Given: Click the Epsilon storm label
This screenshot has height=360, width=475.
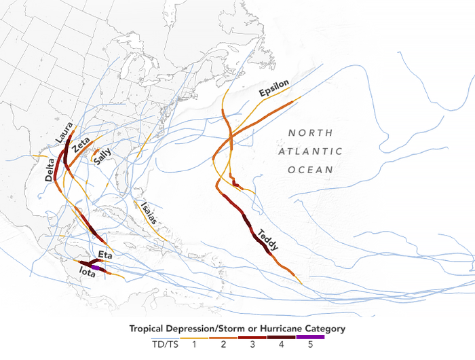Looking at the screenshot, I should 274,88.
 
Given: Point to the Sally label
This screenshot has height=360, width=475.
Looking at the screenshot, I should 102,157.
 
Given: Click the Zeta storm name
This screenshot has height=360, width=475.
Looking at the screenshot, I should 81,145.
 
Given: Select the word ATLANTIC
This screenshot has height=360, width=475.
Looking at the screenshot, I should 310,151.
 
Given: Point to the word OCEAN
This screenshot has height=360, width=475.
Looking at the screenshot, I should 310,170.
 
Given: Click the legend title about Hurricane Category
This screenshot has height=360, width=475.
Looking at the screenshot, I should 237,329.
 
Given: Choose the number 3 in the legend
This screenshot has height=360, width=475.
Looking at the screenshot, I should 252,345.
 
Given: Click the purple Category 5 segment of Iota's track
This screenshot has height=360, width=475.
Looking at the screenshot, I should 98,269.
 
